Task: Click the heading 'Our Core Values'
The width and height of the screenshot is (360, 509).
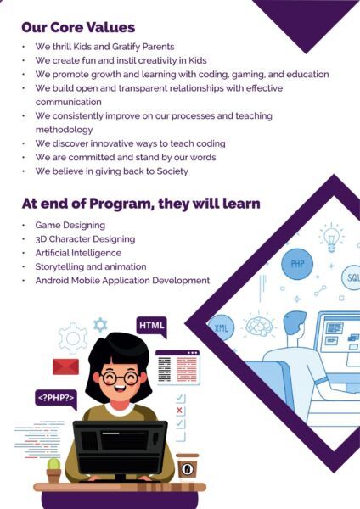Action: coord(78,27)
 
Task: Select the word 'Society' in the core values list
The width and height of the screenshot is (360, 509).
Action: coord(170,171)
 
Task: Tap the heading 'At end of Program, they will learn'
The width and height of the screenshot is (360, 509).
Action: coord(141,204)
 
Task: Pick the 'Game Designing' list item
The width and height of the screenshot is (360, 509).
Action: coord(70,226)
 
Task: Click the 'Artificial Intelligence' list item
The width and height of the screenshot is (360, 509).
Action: coord(78,253)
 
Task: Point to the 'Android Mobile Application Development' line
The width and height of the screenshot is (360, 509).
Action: coord(122,280)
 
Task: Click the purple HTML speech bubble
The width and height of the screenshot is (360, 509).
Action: coord(151,327)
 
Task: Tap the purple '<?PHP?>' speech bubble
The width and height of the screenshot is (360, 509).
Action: coord(55,396)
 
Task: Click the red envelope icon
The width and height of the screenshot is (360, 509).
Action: coord(65,366)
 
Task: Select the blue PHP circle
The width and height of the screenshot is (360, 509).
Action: coord(297,263)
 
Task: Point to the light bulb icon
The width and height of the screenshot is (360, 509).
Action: coord(330,237)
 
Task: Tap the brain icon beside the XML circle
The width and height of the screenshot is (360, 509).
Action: coord(257,325)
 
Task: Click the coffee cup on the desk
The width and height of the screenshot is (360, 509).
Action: coord(187,467)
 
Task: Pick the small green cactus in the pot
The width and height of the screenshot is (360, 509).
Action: coord(53,464)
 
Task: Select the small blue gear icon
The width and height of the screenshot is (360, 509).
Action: coord(100,324)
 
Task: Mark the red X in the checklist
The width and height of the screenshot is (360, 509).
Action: coord(179,411)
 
